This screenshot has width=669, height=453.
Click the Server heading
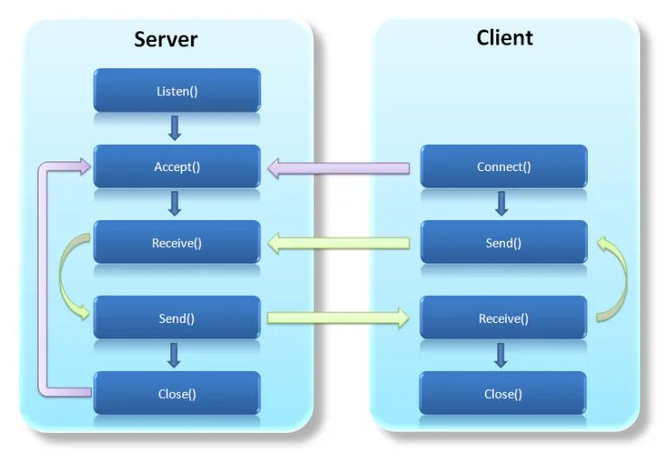[x=166, y=39]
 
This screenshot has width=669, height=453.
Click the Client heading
[x=504, y=38]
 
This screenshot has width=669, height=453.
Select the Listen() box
[x=177, y=91]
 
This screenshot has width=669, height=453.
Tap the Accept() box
[x=177, y=167]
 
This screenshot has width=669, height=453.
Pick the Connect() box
[x=503, y=167]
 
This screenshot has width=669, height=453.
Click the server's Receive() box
[x=177, y=243]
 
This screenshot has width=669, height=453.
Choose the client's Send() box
[x=503, y=243]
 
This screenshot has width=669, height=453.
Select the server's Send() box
[x=177, y=319]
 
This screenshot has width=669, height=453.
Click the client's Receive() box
[x=503, y=319]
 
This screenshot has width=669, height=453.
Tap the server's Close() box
[x=177, y=394]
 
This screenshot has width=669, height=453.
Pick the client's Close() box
[x=503, y=394]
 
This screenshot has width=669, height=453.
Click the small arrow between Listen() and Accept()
[x=174, y=128]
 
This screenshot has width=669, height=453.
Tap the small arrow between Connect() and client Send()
[x=501, y=204]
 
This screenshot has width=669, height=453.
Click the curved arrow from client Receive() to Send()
[x=618, y=279]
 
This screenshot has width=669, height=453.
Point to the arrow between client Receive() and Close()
[x=501, y=355]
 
